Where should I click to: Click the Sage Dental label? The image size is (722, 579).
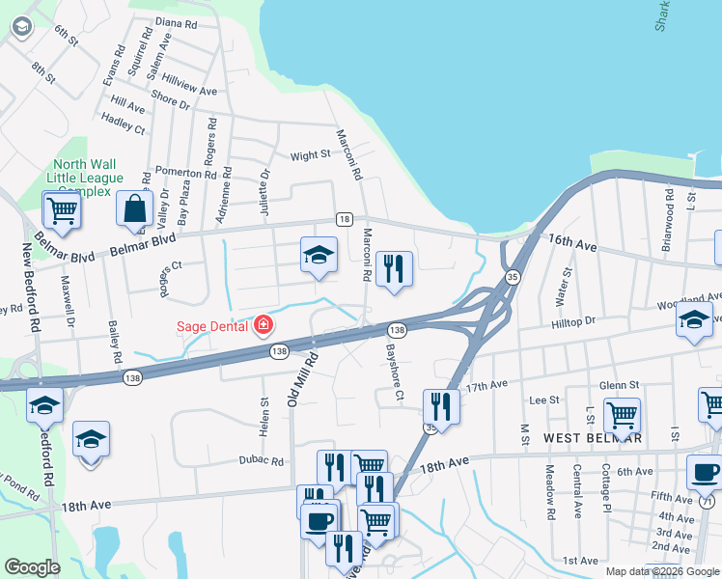pos(212,326)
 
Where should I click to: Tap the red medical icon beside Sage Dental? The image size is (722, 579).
pos(263,326)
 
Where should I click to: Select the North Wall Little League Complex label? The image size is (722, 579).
pos(89,179)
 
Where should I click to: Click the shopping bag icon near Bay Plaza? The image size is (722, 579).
pos(134,207)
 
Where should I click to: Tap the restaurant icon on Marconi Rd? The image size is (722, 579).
pos(394,267)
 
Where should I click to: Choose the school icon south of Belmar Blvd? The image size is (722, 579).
pos(319,255)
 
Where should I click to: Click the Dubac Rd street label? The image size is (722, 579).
pos(262,461)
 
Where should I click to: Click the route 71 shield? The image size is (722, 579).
pos(708,502)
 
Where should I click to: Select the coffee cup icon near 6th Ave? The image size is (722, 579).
pos(704,472)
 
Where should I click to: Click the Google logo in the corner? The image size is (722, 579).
pos(32,567)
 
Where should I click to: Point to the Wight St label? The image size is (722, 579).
pos(310,155)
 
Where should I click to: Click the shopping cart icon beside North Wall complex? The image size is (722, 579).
pos(61,209)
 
